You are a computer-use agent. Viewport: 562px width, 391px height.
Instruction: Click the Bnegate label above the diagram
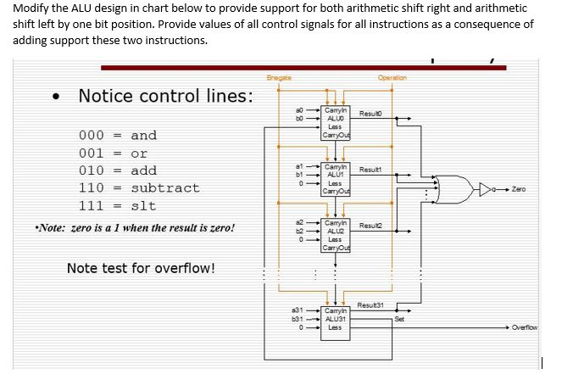pyautogui.click(x=278, y=77)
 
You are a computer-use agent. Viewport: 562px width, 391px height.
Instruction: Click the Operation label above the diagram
pyautogui.click(x=392, y=77)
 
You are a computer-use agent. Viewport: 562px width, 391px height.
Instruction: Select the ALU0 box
pyautogui.click(x=334, y=123)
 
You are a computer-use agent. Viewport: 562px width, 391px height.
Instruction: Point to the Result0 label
pyautogui.click(x=373, y=113)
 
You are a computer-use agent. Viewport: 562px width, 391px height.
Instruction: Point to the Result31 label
pyautogui.click(x=370, y=304)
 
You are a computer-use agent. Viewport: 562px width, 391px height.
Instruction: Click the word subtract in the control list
pyautogui.click(x=165, y=188)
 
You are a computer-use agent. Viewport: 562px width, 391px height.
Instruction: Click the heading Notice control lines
pyautogui.click(x=165, y=96)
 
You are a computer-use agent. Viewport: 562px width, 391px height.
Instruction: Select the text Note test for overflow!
pyautogui.click(x=140, y=269)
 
